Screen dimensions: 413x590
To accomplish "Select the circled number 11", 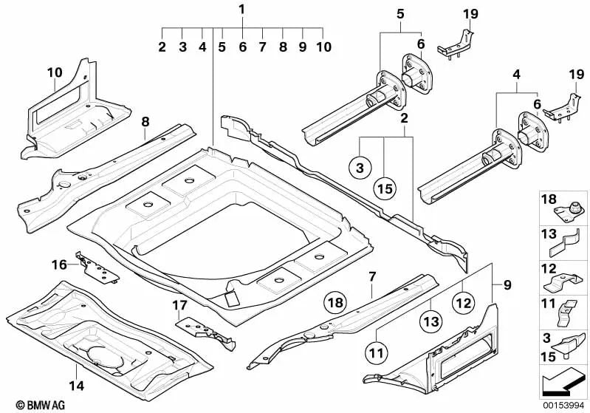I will tap(377, 353).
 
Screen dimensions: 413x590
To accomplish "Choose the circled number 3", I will tap(359, 169).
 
